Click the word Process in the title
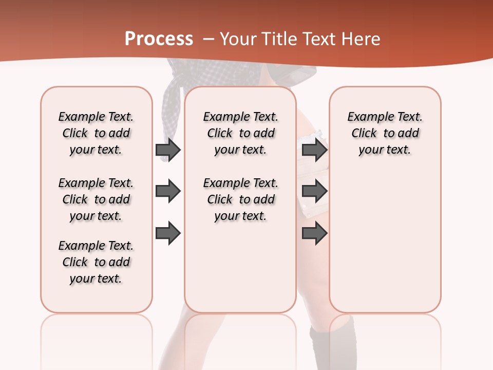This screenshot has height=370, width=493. click(x=159, y=39)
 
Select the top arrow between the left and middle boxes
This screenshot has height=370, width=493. click(x=167, y=150)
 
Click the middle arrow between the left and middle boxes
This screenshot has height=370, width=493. click(x=167, y=192)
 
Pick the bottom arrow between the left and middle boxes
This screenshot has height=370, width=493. click(x=167, y=233)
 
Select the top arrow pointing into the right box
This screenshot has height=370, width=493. click(x=314, y=150)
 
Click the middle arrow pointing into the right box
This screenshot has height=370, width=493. click(x=314, y=192)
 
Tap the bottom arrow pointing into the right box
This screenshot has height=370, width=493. click(x=314, y=233)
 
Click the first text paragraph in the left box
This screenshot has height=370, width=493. click(x=96, y=133)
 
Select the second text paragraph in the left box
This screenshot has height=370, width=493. click(x=96, y=199)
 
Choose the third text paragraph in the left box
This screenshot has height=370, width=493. click(x=96, y=262)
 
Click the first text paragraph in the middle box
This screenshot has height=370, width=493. click(x=240, y=133)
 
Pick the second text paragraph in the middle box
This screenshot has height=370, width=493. click(x=240, y=199)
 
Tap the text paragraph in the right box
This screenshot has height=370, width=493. click(x=385, y=133)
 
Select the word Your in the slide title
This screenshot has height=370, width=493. click(x=238, y=39)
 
